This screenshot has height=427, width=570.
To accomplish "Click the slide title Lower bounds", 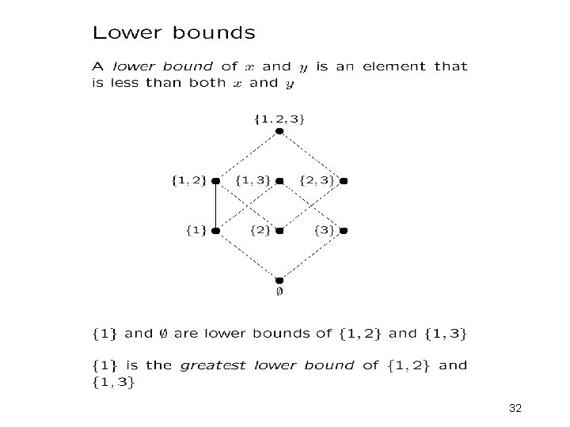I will [173, 33].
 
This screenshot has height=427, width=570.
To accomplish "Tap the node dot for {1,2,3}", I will [279, 131].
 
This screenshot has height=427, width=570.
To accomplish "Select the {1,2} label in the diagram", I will [189, 179].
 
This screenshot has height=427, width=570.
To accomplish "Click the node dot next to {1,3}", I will [279, 181].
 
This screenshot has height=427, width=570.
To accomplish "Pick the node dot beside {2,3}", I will [344, 181].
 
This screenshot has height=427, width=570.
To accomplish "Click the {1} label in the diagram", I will [196, 230].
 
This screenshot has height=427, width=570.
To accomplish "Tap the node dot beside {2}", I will [279, 231].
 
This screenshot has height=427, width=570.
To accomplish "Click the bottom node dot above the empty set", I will [279, 280].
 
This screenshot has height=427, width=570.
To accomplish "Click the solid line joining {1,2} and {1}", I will [215, 206].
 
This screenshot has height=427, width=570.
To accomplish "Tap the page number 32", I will [515, 408].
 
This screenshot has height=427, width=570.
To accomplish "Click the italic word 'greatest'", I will [214, 365].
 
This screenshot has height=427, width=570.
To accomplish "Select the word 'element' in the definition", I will [395, 67].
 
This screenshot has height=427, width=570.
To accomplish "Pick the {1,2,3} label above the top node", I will [279, 119].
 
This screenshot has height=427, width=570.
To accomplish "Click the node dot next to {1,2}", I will [215, 181].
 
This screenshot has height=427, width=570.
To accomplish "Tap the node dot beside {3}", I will [344, 231].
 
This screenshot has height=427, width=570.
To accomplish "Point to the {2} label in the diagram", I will [260, 230].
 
